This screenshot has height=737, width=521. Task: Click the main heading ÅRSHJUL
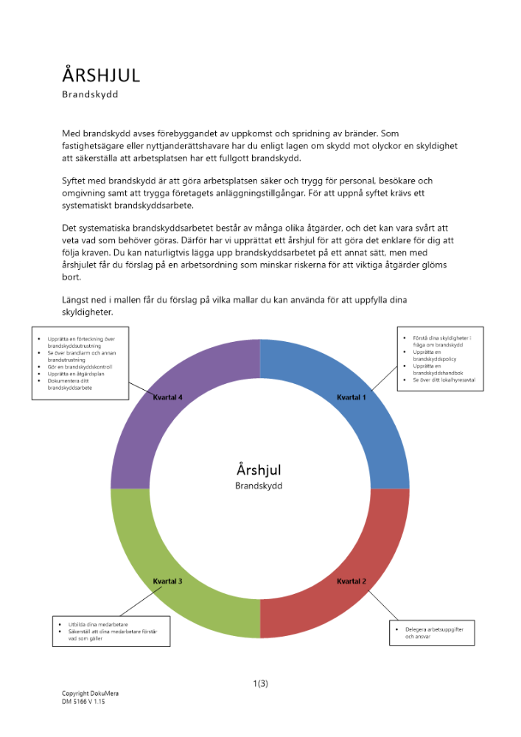click(101, 75)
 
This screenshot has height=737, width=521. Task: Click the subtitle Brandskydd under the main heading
click(90, 94)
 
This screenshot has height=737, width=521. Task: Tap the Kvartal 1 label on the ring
click(352, 397)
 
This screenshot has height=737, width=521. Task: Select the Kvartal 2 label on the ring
click(352, 581)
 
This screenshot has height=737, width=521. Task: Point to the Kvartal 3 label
click(168, 581)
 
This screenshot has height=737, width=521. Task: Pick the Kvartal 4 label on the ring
click(168, 397)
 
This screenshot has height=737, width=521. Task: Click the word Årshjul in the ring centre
click(259, 469)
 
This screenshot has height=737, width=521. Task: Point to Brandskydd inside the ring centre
click(259, 486)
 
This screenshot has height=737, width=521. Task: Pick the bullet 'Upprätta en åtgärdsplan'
click(76, 374)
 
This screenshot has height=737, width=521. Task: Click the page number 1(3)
click(260, 683)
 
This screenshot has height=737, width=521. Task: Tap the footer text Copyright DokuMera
click(85, 694)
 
